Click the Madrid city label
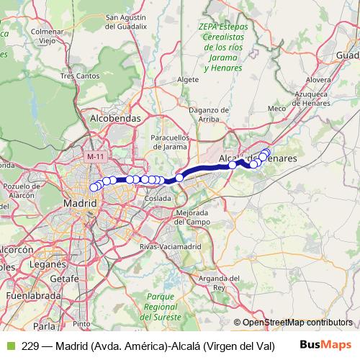(80, 204)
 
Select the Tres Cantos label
(80, 75)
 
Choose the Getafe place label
(64, 278)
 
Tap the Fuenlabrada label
(33, 295)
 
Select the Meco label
(276, 109)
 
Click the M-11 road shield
(94, 156)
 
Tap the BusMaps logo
(325, 345)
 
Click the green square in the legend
(9, 346)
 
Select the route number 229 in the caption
(30, 346)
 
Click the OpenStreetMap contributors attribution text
(297, 323)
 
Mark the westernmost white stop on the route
(93, 188)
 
